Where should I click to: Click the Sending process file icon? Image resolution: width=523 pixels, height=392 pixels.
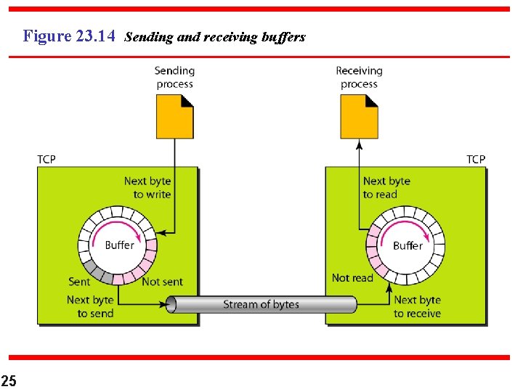[x=174, y=118]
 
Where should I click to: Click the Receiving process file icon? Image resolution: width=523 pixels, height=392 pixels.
[x=359, y=118]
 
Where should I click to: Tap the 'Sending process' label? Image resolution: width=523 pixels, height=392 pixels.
[x=174, y=77]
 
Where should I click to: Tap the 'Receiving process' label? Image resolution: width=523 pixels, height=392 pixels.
[x=359, y=77]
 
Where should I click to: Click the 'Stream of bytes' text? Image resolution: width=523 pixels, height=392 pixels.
[x=261, y=304]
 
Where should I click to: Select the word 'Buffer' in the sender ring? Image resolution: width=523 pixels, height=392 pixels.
[x=119, y=245]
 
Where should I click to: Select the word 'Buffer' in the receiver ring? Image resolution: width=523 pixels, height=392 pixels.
[x=408, y=245]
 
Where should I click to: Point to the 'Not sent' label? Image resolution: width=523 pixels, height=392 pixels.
[x=162, y=282]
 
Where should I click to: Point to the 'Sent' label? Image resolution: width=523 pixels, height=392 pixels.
[x=79, y=282]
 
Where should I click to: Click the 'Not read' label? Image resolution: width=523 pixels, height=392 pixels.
[x=352, y=277]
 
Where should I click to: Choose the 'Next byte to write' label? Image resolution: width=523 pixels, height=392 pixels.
[x=147, y=187]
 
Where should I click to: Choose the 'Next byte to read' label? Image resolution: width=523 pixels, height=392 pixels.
[x=386, y=187]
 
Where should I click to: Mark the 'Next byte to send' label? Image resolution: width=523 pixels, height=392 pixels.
[x=91, y=306]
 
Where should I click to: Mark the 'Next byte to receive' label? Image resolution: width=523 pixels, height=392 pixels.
[x=417, y=306]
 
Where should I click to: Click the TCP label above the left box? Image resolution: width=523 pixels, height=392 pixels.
[x=46, y=159]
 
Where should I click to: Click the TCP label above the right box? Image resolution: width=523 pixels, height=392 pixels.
[x=476, y=159]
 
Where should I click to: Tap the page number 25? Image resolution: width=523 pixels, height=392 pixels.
[x=9, y=380]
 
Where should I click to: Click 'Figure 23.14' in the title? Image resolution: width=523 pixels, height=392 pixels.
[x=69, y=36]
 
